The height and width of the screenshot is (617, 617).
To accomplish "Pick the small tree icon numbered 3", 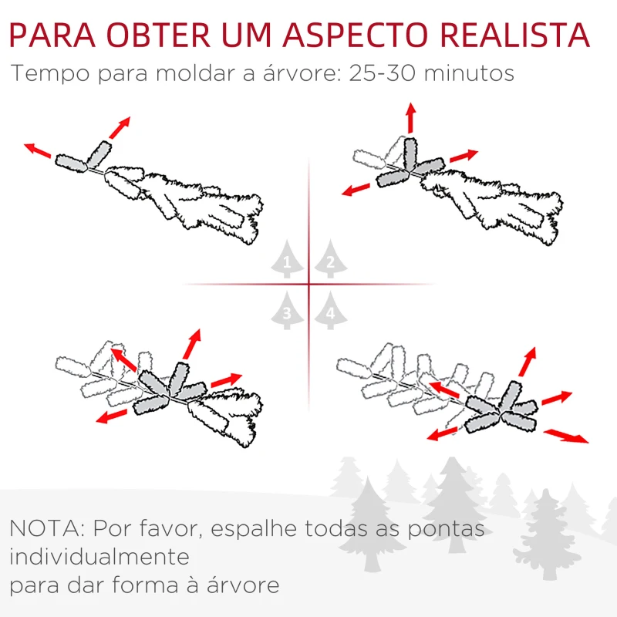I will [288, 311].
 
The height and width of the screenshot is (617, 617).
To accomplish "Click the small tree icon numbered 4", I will [329, 311].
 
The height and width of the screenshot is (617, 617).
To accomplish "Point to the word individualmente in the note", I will [99, 557].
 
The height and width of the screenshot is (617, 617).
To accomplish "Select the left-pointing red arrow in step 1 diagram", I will [38, 151].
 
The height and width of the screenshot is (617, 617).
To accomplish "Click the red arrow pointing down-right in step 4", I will [565, 436].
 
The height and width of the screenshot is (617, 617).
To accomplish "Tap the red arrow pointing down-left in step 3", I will [112, 416].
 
